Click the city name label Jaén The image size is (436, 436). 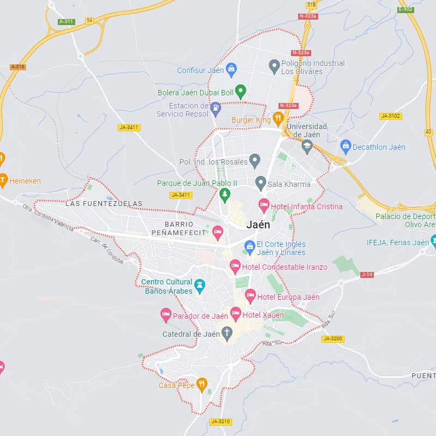[x=258, y=225]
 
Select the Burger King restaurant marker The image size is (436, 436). [x=278, y=118]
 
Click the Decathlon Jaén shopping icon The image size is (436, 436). [x=345, y=146]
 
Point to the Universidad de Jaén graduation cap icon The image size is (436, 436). [x=307, y=146]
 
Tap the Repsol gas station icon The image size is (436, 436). [x=215, y=107]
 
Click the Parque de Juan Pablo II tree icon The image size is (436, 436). [x=225, y=194]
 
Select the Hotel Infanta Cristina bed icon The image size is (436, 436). [x=264, y=206]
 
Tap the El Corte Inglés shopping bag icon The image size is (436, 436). [x=250, y=247]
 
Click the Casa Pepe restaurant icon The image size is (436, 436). [x=202, y=385]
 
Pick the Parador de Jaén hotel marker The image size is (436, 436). [x=166, y=315]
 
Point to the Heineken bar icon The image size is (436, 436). [x=3, y=180]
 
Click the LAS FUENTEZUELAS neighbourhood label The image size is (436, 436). [x=104, y=204]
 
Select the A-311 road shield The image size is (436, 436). [x=66, y=22]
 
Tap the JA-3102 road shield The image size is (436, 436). [x=391, y=116]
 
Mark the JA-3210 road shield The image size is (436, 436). [x=221, y=421]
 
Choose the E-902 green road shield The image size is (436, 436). [x=405, y=9]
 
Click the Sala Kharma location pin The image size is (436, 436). [x=261, y=183]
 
